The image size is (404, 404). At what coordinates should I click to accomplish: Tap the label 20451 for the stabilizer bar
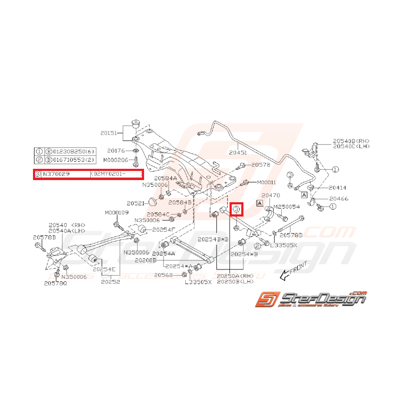[x=238, y=152]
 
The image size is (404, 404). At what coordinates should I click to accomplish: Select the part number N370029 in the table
[x=58, y=174]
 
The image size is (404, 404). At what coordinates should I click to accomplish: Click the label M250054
[x=287, y=206]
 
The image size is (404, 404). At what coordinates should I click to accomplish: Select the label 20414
[x=337, y=188]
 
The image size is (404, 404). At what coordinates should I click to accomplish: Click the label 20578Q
[x=55, y=283]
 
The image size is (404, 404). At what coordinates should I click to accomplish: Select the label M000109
[x=116, y=213]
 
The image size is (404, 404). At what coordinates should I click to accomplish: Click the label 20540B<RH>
[x=351, y=141]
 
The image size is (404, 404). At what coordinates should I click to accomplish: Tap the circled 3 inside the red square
[x=236, y=210]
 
